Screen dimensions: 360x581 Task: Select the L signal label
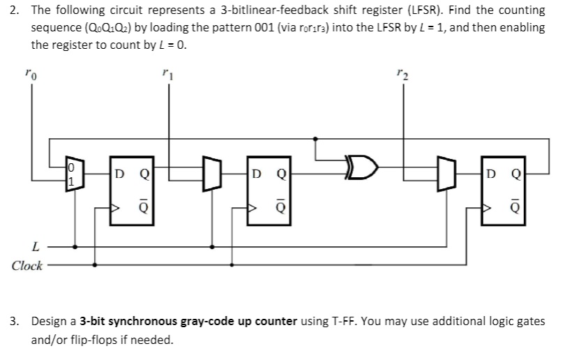coord(35,246)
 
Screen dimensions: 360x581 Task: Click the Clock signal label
coord(27,266)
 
